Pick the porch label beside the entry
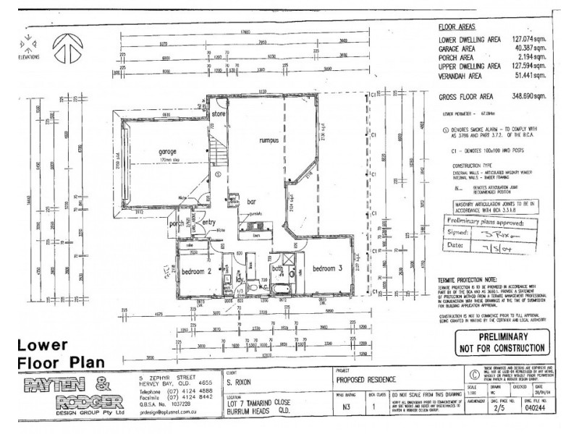[176, 223]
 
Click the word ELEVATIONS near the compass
[29, 56]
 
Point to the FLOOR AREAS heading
[457, 27]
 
